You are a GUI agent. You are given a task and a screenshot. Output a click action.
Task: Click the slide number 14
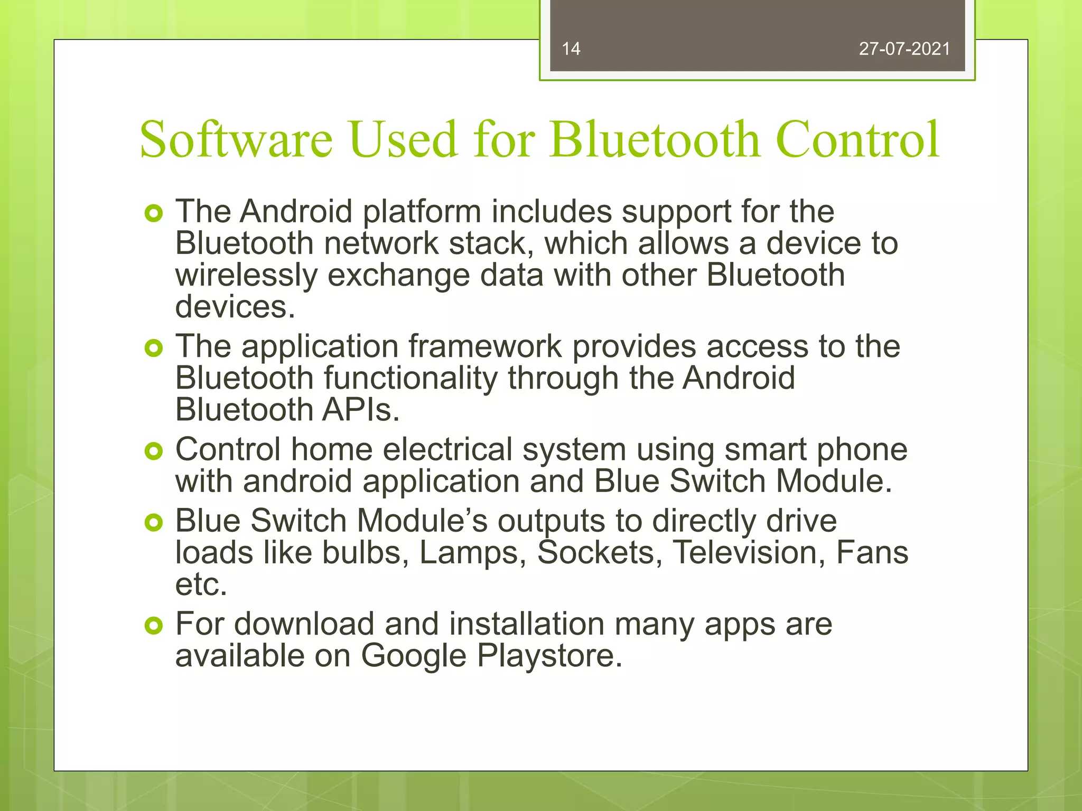[x=571, y=49]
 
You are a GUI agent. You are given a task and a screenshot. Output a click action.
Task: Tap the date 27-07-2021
[x=904, y=49]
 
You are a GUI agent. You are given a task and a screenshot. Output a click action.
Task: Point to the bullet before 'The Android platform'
[x=153, y=214]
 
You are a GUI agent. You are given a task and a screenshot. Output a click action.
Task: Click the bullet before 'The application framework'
[x=153, y=348]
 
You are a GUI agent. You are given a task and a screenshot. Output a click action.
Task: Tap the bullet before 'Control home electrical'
[x=153, y=451]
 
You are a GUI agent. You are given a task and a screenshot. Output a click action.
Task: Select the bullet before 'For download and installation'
[x=153, y=626]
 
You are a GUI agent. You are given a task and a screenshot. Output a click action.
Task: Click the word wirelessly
[x=246, y=276]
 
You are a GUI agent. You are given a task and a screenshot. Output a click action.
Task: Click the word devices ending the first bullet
[x=235, y=307]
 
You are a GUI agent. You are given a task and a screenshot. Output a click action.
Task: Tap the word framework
[x=485, y=347]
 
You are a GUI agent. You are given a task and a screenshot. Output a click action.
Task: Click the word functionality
[x=411, y=379]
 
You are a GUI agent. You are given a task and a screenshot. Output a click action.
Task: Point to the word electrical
[x=447, y=450]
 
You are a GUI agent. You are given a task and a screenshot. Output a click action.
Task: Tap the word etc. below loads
[x=201, y=584]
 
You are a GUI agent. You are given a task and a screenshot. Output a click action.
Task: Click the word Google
[x=414, y=656]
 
